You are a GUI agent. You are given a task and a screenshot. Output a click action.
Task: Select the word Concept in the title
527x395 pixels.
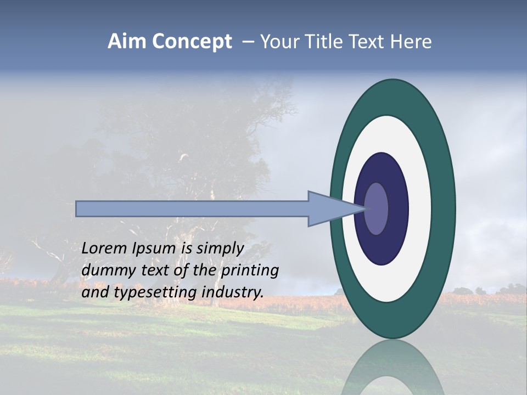[x=192, y=42]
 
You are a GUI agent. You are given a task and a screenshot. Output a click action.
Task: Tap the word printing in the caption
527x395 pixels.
[x=249, y=271]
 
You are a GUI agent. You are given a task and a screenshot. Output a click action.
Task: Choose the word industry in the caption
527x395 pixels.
[x=232, y=292]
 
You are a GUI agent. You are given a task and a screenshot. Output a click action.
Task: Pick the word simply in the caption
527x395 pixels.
[x=220, y=249]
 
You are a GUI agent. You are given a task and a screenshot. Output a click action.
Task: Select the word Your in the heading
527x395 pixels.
[x=278, y=42]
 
